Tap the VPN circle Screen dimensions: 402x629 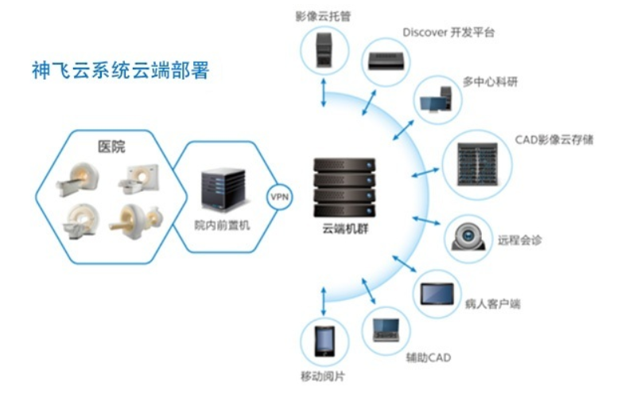(x=280, y=196)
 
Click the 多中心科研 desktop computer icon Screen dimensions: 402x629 (x=436, y=100)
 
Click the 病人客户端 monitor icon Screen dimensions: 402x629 (x=438, y=291)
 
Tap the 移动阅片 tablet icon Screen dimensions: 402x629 (x=324, y=342)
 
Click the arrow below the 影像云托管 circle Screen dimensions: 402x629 (x=323, y=93)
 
